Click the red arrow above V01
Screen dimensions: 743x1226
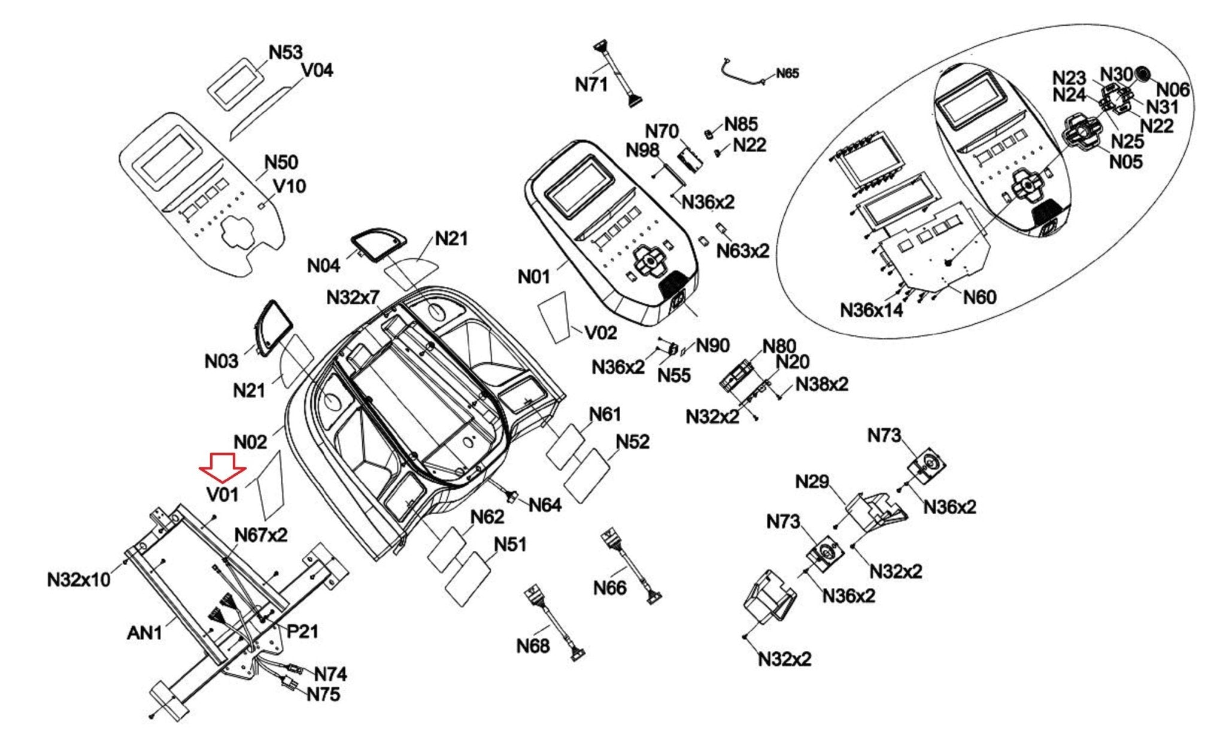[x=222, y=467]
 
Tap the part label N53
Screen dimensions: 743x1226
[x=286, y=53]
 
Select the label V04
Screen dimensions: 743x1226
[x=317, y=71]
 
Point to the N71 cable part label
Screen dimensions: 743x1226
[x=591, y=85]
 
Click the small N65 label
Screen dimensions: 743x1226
[x=787, y=74]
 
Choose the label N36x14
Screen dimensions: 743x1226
[x=872, y=310]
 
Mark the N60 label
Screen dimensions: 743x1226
[x=979, y=297]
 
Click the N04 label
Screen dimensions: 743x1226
[x=323, y=265]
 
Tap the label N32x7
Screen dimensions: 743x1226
[x=353, y=297]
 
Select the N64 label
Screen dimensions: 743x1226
[x=545, y=505]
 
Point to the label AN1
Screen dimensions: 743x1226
[x=145, y=633]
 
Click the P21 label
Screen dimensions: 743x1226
[x=302, y=631]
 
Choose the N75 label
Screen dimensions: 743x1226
[x=323, y=695]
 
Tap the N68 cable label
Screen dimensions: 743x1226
[x=533, y=646]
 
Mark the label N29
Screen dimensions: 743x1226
[x=812, y=481]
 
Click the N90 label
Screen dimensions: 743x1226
[x=712, y=345]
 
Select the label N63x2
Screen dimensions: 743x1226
[x=743, y=251]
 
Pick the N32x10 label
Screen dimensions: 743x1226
[x=79, y=580]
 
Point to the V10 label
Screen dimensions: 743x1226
[x=290, y=186]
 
